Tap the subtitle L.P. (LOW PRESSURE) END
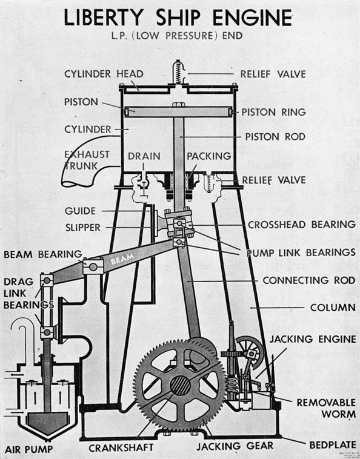coord(180,36)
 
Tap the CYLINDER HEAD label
coord(104,74)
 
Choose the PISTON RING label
coord(274,111)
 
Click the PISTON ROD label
coord(275,137)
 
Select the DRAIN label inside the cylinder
coord(144,156)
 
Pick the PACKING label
coord(208,156)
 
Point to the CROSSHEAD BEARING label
coord(301,224)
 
